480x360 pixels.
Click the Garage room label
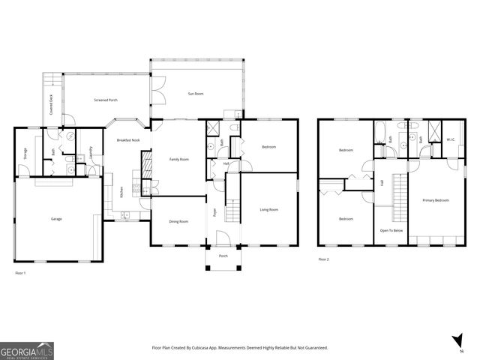[x=56, y=218]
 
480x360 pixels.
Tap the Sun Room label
[x=196, y=94]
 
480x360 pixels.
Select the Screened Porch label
[x=106, y=100]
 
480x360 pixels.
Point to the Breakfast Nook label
[x=129, y=140]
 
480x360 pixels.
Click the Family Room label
[x=178, y=159]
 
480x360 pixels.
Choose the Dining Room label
[x=178, y=221]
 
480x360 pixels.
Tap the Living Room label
[x=268, y=209]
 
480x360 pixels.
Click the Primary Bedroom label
[x=436, y=200]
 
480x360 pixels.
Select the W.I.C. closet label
[x=451, y=139]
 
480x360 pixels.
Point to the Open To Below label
[x=391, y=230]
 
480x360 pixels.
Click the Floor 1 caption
[x=21, y=273]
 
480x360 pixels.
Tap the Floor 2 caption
[x=324, y=259]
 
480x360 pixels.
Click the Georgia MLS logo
[x=27, y=350]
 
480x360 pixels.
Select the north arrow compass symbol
[x=457, y=342]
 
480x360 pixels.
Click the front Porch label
[x=223, y=256]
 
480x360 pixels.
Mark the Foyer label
[x=214, y=212]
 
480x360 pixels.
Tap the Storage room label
[x=25, y=154]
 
